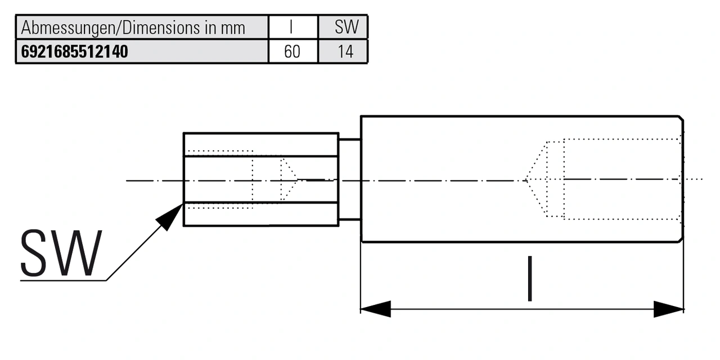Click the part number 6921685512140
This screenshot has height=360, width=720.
[x=75, y=52]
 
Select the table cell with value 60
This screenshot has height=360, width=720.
[x=292, y=52]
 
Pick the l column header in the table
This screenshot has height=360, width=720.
[x=292, y=27]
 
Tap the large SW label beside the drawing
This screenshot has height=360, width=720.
[x=61, y=253]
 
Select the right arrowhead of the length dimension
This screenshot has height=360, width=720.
[x=669, y=309]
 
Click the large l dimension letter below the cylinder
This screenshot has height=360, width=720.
[x=529, y=279]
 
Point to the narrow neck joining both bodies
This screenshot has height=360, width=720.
[x=349, y=179]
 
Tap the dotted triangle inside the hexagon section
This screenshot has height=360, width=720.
[x=289, y=180]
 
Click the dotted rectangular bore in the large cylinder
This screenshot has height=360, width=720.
[x=622, y=178]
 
